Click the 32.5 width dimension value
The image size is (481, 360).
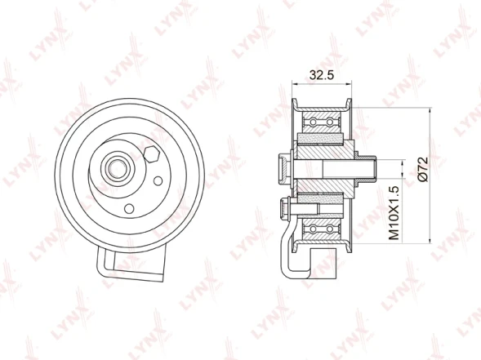pos(321,75)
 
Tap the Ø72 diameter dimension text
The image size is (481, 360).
pos(423,170)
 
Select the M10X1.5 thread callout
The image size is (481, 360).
pos(394,212)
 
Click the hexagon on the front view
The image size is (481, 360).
pos(151,154)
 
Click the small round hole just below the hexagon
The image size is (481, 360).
pos(158,181)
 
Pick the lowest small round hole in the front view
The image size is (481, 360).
pos(129,208)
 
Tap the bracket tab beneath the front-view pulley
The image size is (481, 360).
pos(131,264)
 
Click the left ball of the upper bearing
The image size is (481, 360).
pos(313,122)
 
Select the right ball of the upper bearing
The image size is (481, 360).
pos(329,122)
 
